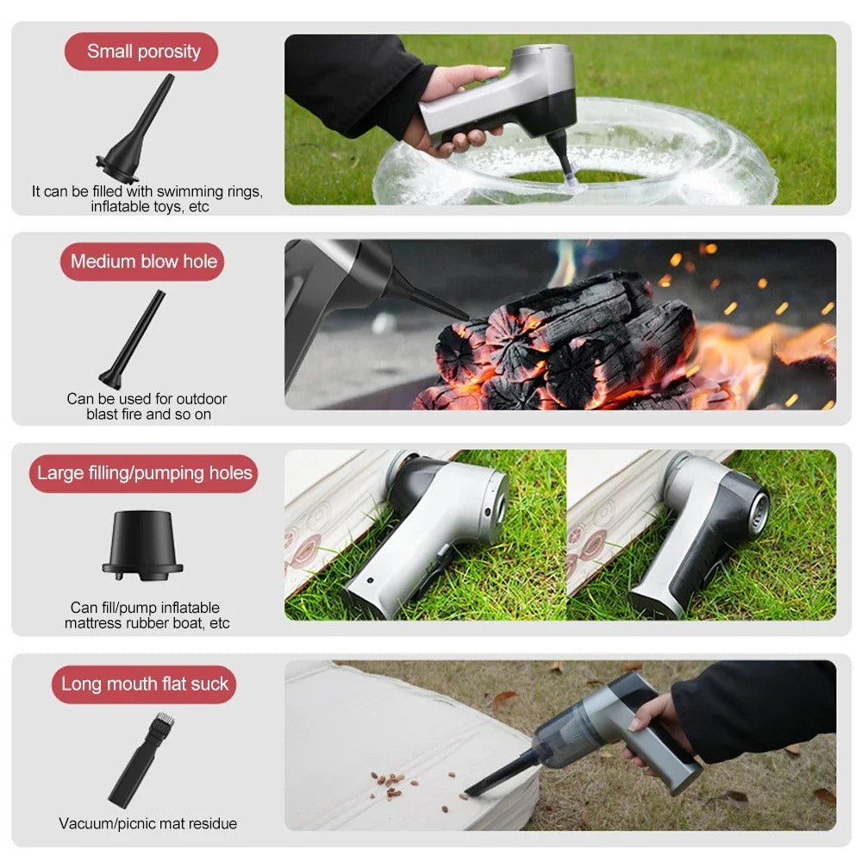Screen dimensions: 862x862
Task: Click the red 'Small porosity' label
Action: click(x=142, y=52)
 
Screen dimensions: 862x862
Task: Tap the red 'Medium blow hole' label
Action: click(x=143, y=261)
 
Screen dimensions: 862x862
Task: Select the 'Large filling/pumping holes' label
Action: click(x=144, y=473)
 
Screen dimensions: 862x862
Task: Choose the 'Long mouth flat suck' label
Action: click(x=144, y=684)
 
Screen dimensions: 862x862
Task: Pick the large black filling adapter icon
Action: click(x=142, y=544)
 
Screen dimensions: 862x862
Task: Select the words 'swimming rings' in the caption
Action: click(x=220, y=191)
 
